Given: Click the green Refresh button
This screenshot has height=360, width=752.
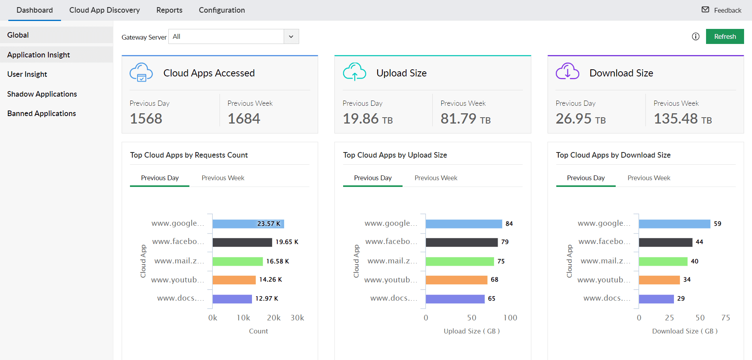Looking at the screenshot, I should [x=725, y=36].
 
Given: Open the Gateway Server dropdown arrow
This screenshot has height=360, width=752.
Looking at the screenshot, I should [x=291, y=36].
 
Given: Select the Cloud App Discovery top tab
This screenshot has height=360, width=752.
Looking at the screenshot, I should [x=105, y=10].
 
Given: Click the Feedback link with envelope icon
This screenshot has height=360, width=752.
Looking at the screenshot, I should [x=721, y=10].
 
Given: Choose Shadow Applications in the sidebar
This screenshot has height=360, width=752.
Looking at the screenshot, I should [x=42, y=94].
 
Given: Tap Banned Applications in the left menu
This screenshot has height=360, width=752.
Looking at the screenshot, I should [x=42, y=113].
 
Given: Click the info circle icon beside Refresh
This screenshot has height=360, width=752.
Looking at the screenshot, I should [x=696, y=36].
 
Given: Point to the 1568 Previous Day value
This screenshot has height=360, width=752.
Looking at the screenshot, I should [x=146, y=118].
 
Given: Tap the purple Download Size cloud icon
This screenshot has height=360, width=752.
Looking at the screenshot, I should [x=567, y=72].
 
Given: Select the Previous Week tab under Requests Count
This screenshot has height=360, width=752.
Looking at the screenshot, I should [x=223, y=178].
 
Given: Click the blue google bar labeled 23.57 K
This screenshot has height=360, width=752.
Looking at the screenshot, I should [x=248, y=224].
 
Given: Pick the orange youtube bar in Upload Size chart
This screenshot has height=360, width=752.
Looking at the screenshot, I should [x=456, y=280].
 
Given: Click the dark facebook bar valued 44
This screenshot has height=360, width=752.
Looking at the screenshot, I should [x=666, y=242].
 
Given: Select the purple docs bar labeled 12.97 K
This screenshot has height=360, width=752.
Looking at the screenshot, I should [x=232, y=299].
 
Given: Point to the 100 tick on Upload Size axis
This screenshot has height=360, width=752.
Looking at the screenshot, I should [x=510, y=318].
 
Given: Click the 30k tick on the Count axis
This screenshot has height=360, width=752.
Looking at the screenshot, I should [x=297, y=318].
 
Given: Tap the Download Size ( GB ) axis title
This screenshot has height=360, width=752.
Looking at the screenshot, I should [x=685, y=331].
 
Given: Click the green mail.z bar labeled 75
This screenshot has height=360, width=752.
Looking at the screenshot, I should [x=460, y=261].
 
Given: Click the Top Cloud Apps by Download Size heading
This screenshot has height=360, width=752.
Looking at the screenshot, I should [x=613, y=155].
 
